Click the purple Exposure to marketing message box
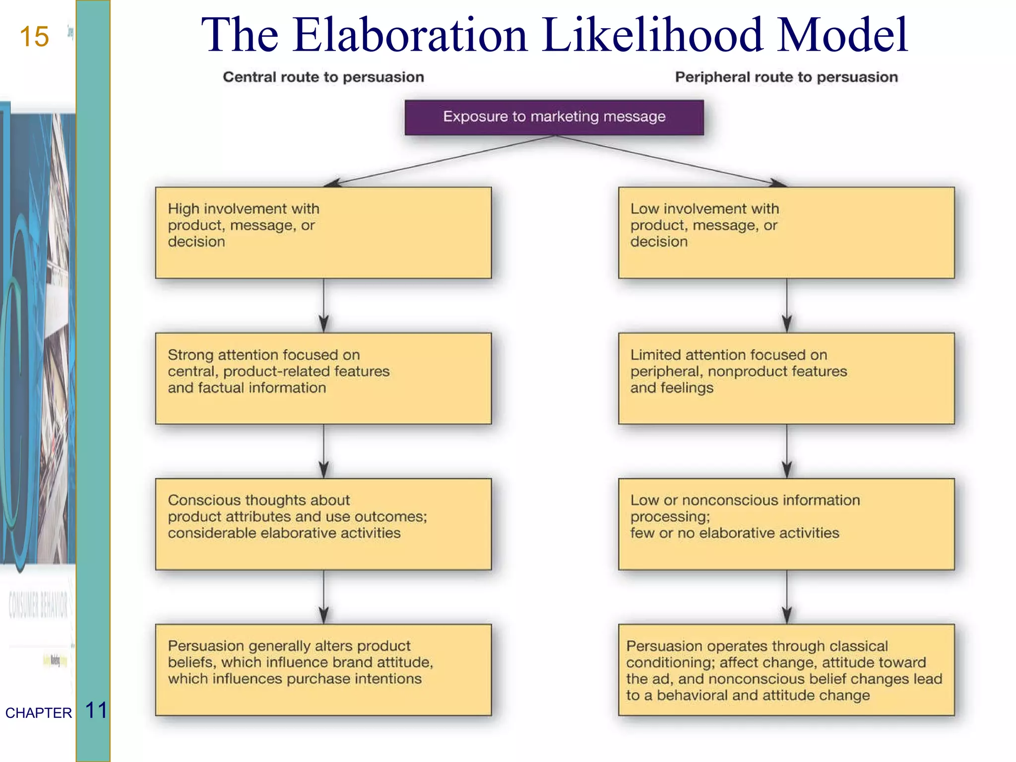[x=554, y=117]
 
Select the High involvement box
[x=323, y=232]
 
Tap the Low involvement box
[x=786, y=232]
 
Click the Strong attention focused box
[x=323, y=378]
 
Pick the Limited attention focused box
[x=786, y=378]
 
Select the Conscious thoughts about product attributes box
[x=323, y=524]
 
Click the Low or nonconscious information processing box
[x=786, y=524]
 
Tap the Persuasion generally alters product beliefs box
[x=323, y=670]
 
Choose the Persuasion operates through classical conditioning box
[x=786, y=670]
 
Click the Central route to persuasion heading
[x=323, y=77]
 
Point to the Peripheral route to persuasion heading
[x=786, y=77]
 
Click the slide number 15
[x=34, y=37]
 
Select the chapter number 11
[x=96, y=710]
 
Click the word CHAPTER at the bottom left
[x=38, y=713]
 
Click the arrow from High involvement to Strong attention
[x=324, y=305]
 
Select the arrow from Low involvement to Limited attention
[x=787, y=305]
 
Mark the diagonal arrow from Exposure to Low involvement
[x=670, y=160]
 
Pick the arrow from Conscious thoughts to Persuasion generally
[x=324, y=596]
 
